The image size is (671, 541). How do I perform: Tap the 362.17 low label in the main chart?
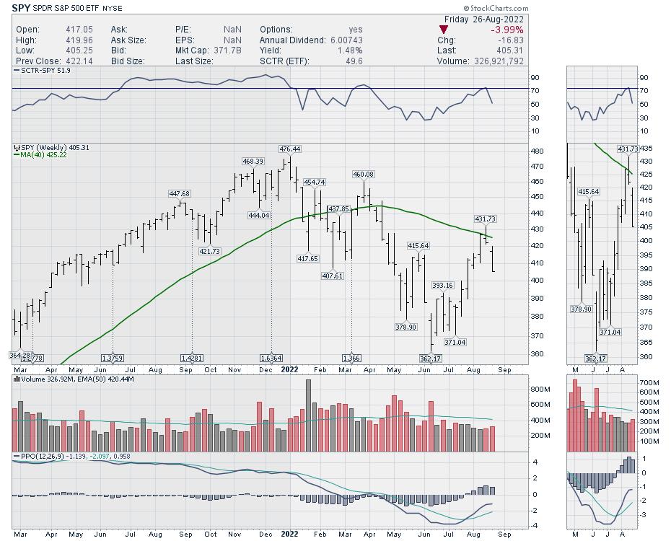[x=431, y=359]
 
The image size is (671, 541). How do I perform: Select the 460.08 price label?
[x=364, y=175]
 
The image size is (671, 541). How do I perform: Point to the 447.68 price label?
[x=178, y=194]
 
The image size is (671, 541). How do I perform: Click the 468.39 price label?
[x=253, y=162]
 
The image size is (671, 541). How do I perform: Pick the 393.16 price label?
[x=442, y=286]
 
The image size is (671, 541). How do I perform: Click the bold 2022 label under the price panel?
[x=289, y=369]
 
